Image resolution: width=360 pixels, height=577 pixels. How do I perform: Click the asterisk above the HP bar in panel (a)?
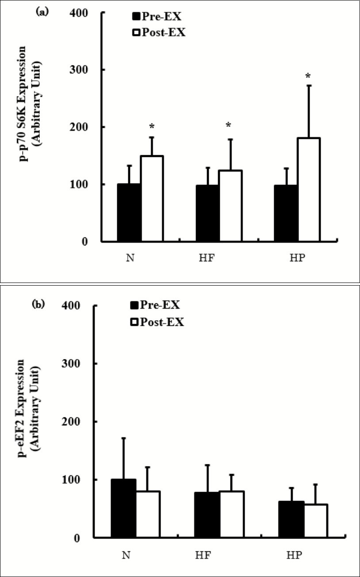tap(308, 76)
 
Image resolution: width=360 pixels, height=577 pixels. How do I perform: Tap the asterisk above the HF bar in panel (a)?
tap(229, 126)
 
